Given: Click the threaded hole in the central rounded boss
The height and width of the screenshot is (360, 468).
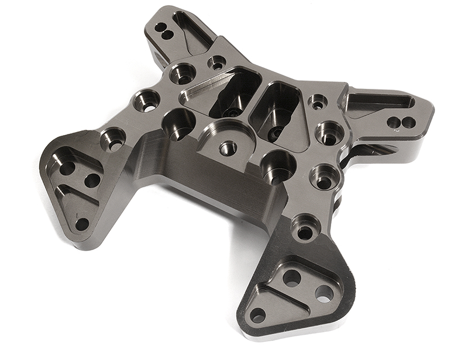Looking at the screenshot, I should pyautogui.click(x=228, y=148).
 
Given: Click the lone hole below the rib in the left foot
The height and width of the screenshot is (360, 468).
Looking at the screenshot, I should pyautogui.click(x=82, y=223).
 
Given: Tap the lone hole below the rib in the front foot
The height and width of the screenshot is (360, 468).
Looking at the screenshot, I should pyautogui.click(x=257, y=315).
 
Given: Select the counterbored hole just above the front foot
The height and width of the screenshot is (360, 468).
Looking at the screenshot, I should pyautogui.click(x=305, y=230).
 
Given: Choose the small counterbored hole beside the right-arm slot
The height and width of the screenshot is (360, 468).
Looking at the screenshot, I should pyautogui.click(x=318, y=103).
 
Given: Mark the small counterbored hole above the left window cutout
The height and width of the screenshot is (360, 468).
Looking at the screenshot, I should pyautogui.click(x=217, y=63).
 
